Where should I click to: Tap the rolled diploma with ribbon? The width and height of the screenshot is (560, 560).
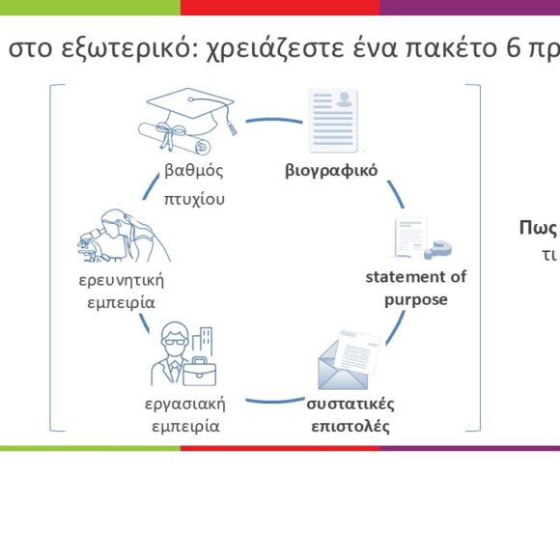pyautogui.click(x=175, y=138)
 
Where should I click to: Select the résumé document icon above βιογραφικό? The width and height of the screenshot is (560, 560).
pyautogui.click(x=333, y=121)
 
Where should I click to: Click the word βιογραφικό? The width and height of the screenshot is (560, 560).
pyautogui.click(x=331, y=170)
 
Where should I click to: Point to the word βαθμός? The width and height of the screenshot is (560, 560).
pyautogui.click(x=194, y=170)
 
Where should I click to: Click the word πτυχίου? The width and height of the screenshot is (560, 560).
pyautogui.click(x=194, y=199)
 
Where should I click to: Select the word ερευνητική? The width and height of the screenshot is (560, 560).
pyautogui.click(x=121, y=280)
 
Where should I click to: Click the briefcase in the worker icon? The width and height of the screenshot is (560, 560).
pyautogui.click(x=200, y=372)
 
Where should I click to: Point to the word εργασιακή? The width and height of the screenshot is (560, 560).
pyautogui.click(x=185, y=405)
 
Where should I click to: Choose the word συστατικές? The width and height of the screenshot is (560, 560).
pyautogui.click(x=350, y=405)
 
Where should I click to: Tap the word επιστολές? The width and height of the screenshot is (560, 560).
pyautogui.click(x=350, y=427)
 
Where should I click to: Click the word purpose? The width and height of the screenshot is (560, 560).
pyautogui.click(x=416, y=300)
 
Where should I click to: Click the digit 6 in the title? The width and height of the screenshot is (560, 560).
pyautogui.click(x=513, y=48)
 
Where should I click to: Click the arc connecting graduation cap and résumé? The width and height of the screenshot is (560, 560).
pyautogui.click(x=274, y=120)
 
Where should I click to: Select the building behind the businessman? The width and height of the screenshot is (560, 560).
pyautogui.click(x=203, y=341)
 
